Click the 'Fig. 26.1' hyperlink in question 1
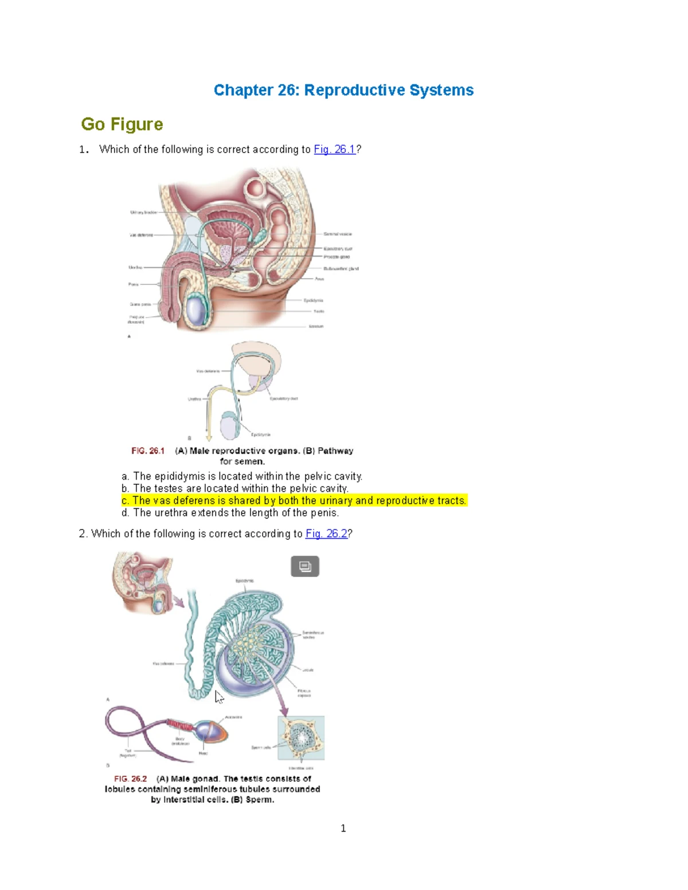pyautogui.click(x=335, y=150)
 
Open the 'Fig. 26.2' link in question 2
pyautogui.click(x=326, y=534)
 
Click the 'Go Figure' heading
pyautogui.click(x=122, y=124)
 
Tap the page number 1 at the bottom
pyautogui.click(x=343, y=828)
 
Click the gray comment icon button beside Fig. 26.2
pyautogui.click(x=305, y=566)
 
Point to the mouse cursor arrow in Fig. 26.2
pyautogui.click(x=218, y=696)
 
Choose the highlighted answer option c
pyautogui.click(x=294, y=500)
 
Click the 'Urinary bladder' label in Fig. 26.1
pyautogui.click(x=143, y=212)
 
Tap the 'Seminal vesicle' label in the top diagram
pyautogui.click(x=338, y=234)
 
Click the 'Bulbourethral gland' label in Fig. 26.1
pyautogui.click(x=341, y=268)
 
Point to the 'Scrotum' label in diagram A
pyautogui.click(x=316, y=326)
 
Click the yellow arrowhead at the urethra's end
pyautogui.click(x=209, y=438)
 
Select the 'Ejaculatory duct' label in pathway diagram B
pyautogui.click(x=284, y=398)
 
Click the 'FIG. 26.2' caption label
pyautogui.click(x=131, y=779)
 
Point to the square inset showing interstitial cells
pyautogui.click(x=301, y=738)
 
